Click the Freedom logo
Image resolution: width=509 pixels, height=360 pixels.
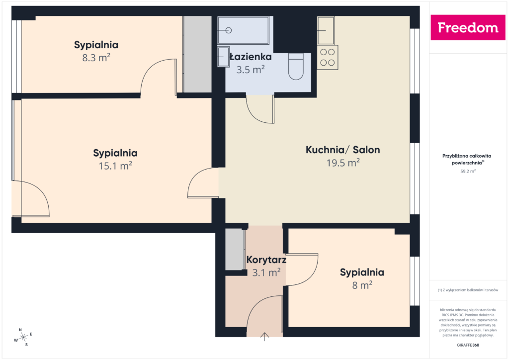point(467,28)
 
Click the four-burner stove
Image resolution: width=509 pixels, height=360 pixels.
point(328,57)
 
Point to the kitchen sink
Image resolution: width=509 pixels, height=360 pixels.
point(326,30)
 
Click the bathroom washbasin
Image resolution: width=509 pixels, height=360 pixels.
point(224,57)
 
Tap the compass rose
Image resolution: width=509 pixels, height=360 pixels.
point(23,337)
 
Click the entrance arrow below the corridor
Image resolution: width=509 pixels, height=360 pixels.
point(265,337)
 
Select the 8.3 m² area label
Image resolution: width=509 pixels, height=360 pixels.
point(96,58)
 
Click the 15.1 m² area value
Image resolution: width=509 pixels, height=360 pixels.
point(115,166)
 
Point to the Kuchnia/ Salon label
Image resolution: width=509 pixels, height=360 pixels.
point(342,150)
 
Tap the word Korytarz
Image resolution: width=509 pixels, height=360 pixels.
point(266,260)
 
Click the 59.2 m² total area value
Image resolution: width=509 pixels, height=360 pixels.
point(468,172)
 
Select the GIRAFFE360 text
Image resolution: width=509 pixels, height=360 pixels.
point(468,345)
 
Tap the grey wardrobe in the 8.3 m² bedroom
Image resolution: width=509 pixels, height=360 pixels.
point(197,54)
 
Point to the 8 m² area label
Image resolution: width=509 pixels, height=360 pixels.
point(362,285)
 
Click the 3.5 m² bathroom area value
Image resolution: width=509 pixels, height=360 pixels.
point(251,70)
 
